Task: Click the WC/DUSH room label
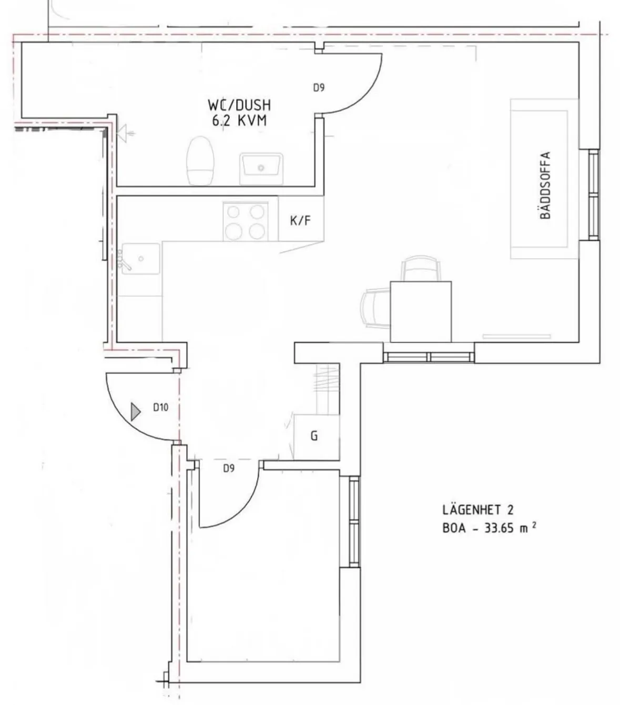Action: click(x=239, y=105)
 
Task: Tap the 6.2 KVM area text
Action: click(x=239, y=121)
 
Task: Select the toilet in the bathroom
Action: click(x=200, y=160)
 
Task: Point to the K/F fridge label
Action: click(x=300, y=220)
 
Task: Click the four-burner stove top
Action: click(x=246, y=221)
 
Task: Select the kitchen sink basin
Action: click(x=141, y=259)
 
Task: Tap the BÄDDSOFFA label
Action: click(x=545, y=185)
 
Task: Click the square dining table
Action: click(x=421, y=312)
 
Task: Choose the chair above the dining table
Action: click(x=421, y=268)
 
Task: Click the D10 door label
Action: click(x=161, y=407)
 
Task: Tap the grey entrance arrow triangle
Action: click(x=136, y=412)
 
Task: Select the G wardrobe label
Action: click(x=314, y=436)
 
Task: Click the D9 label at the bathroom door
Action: click(x=319, y=88)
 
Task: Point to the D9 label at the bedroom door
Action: click(x=229, y=468)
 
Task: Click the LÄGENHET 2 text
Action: click(x=477, y=509)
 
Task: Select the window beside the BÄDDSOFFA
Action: click(x=594, y=195)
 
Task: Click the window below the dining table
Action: click(x=429, y=357)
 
